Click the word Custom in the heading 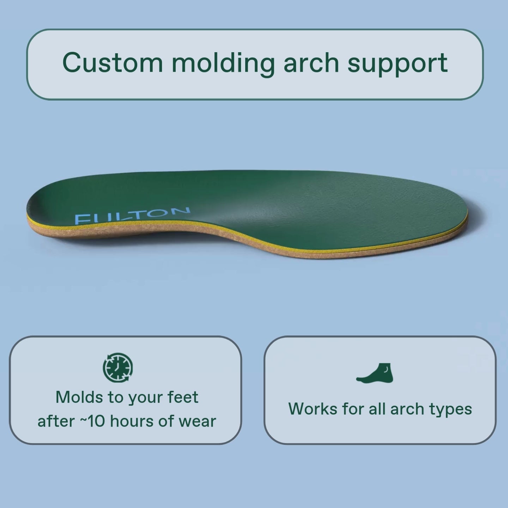[x=112, y=62]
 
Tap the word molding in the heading [x=223, y=64]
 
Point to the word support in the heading [x=398, y=65]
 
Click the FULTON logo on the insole [x=132, y=216]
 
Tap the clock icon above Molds [x=118, y=368]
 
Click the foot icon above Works [x=375, y=373]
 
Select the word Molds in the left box [x=79, y=397]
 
